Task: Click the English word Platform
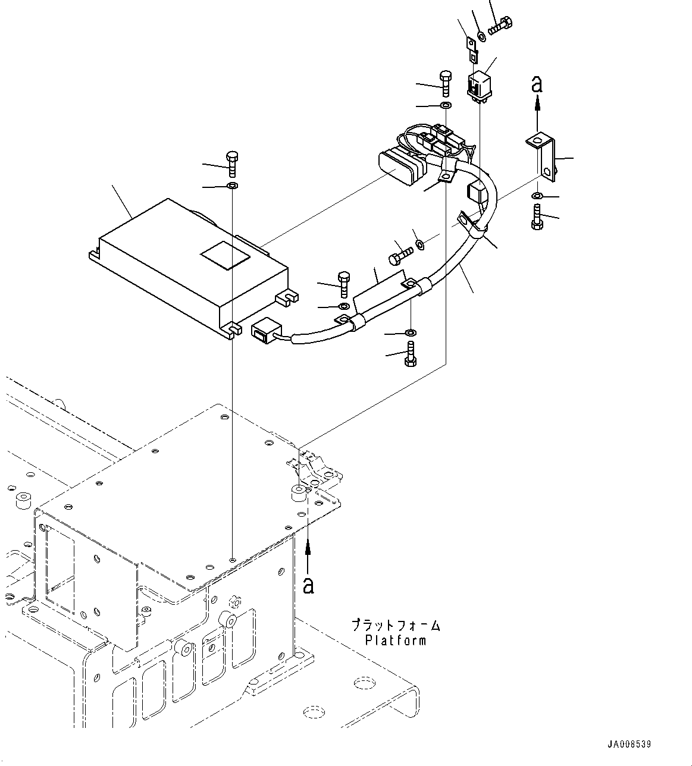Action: tap(396, 640)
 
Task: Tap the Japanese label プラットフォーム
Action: tap(396, 626)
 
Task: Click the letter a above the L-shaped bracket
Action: tap(537, 85)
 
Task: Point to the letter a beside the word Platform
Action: tap(308, 586)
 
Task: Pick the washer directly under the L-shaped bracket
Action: tap(537, 196)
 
